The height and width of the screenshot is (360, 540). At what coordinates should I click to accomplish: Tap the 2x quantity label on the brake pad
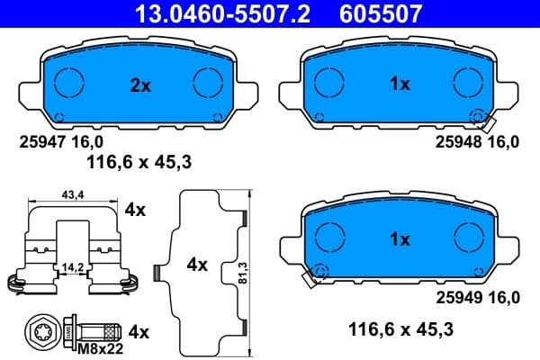139,85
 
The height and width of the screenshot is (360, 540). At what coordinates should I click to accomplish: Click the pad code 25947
41,141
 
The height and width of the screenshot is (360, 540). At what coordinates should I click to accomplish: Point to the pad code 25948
458,141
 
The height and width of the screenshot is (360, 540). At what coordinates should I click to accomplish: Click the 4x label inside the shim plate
196,265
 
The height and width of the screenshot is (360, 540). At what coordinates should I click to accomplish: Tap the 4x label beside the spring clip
135,210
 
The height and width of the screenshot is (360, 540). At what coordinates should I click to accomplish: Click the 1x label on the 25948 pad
400,84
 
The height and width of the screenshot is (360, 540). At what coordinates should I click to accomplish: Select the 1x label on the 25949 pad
400,240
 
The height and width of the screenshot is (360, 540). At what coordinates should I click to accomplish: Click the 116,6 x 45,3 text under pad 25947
139,162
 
